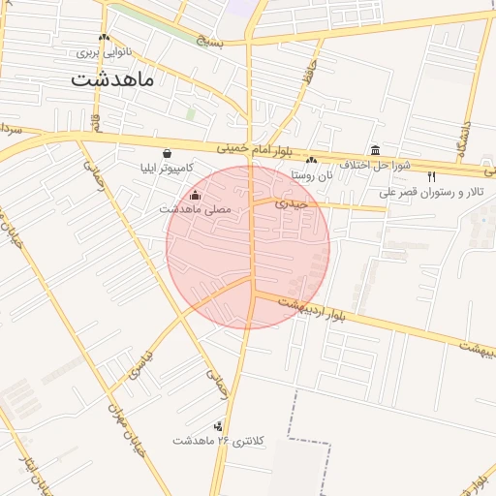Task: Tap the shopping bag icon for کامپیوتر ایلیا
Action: click(x=169, y=153)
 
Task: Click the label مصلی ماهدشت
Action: click(x=196, y=208)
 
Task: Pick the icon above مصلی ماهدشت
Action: click(x=196, y=194)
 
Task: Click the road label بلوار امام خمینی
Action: click(x=254, y=150)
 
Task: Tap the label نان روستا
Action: click(x=311, y=175)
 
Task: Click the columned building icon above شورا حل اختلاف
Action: click(x=375, y=149)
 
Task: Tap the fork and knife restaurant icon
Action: click(x=431, y=176)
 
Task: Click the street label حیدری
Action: click(x=291, y=203)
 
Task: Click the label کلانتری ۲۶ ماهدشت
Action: click(x=218, y=441)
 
